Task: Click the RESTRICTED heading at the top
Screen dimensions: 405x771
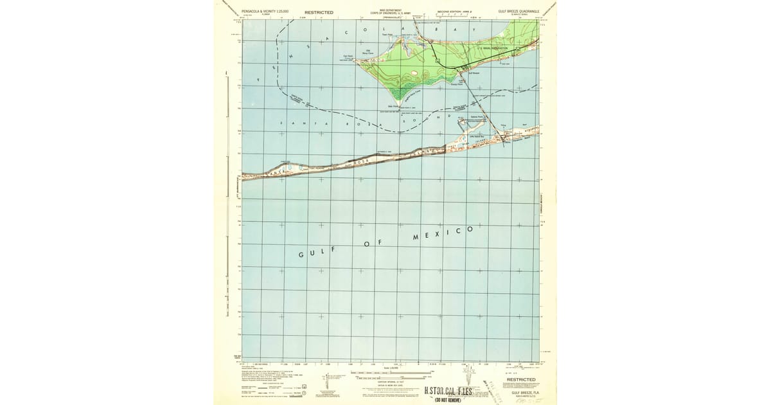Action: (x=319, y=12)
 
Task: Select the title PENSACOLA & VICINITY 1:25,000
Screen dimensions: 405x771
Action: (x=265, y=12)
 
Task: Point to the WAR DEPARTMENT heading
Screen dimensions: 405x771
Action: (x=389, y=10)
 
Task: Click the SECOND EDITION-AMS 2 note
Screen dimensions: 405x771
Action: (x=454, y=12)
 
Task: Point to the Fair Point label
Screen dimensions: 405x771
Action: (x=348, y=56)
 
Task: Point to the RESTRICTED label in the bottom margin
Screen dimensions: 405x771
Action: (x=521, y=379)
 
